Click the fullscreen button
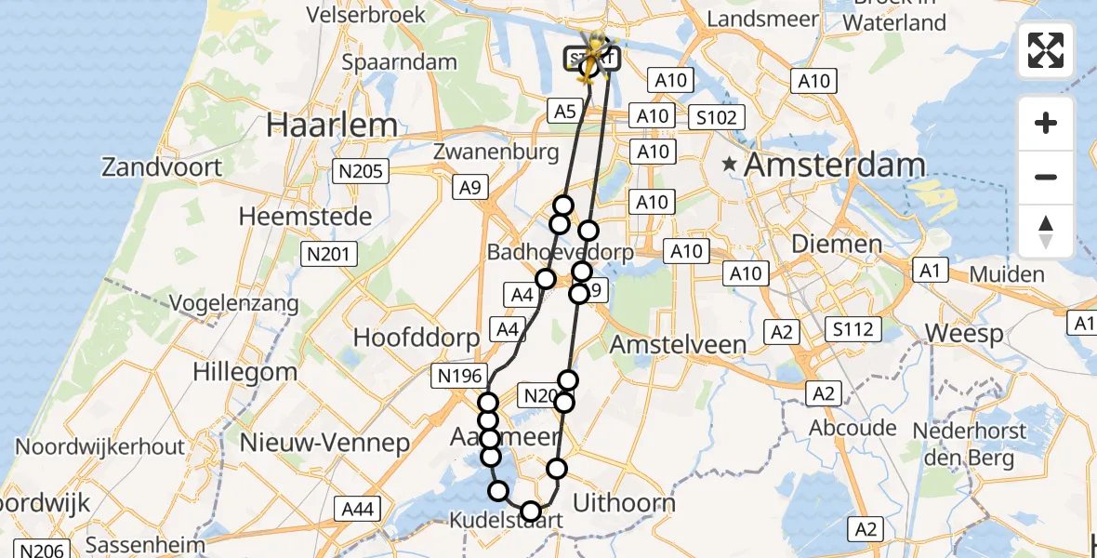(x=1046, y=50)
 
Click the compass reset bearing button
(x=1046, y=232)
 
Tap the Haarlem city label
(x=332, y=125)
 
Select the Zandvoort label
(x=163, y=167)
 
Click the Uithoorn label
(x=624, y=503)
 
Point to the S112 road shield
(x=852, y=328)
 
